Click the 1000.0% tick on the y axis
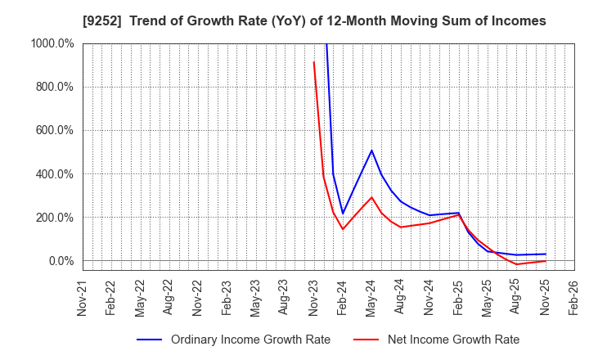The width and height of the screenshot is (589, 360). click(51, 43)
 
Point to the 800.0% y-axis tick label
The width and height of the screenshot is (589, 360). click(53, 87)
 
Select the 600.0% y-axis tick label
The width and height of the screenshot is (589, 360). click(53, 130)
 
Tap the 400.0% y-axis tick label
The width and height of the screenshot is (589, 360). click(53, 174)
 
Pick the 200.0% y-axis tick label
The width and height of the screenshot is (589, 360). click(53, 218)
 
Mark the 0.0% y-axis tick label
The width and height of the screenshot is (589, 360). click(58, 261)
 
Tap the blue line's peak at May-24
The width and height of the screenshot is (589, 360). click(371, 151)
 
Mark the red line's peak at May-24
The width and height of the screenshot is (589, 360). click(371, 197)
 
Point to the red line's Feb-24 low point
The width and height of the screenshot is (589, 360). click(343, 229)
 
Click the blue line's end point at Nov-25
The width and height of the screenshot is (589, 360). click(546, 254)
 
